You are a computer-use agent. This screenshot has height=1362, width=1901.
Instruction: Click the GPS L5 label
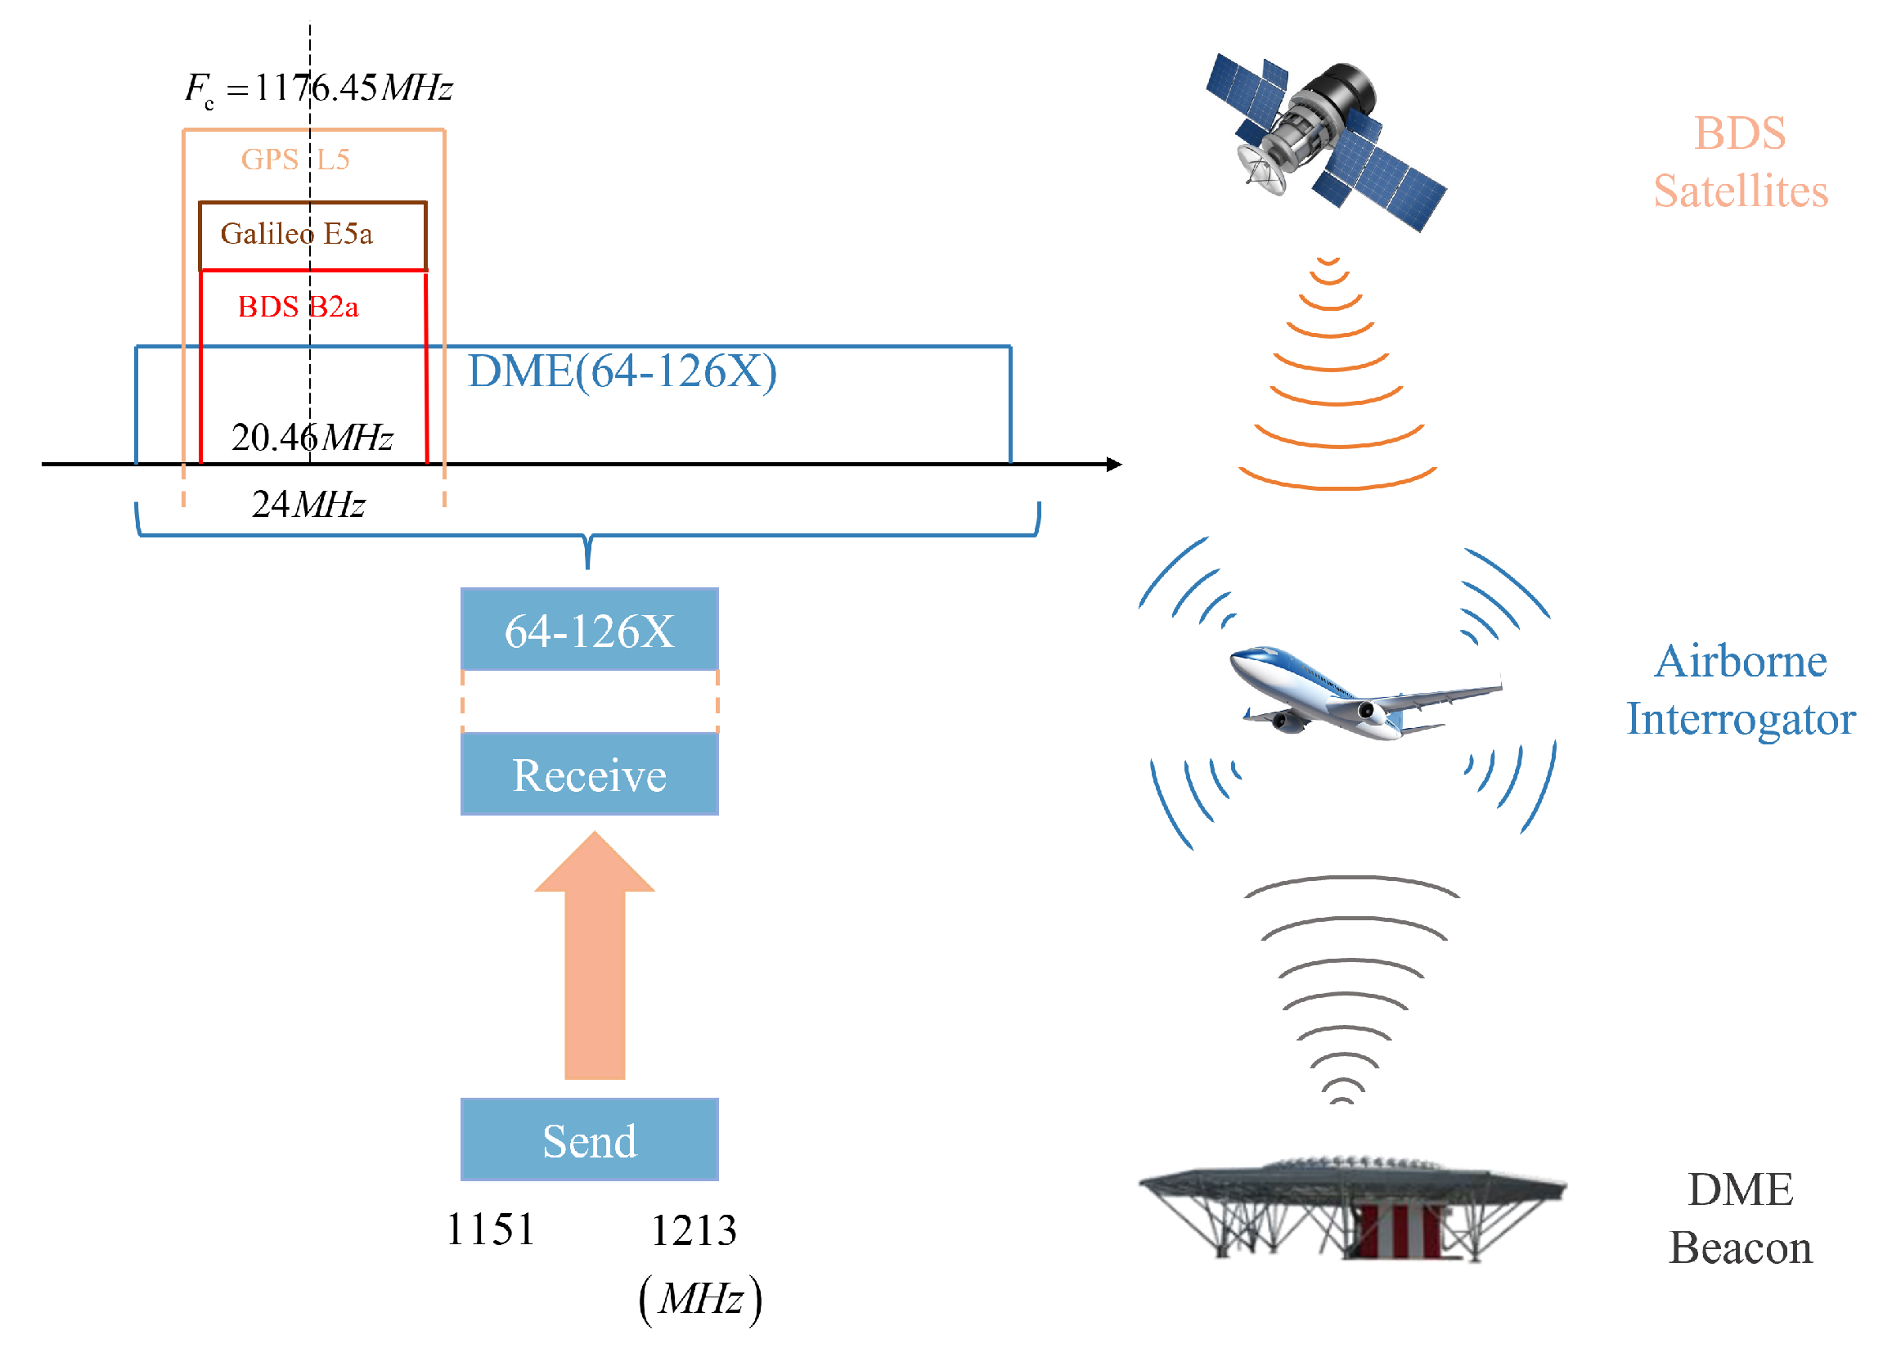point(295,159)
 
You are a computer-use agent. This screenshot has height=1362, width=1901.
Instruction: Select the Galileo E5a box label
point(296,233)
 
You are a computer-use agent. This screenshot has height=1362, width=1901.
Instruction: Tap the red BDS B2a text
point(298,307)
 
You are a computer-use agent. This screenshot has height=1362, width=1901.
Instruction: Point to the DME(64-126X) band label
point(621,371)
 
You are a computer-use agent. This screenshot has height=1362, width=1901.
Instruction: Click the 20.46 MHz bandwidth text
point(312,438)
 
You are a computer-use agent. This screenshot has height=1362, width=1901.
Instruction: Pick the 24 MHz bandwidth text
point(308,505)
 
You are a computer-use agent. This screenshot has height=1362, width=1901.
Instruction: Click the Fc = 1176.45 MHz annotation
point(318,88)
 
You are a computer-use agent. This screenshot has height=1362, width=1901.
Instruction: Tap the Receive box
point(589,775)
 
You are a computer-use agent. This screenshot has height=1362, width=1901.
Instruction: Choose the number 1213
point(693,1231)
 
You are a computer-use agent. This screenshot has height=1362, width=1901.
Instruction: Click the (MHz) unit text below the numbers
point(700,1300)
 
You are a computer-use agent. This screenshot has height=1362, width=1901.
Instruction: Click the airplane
point(1362,691)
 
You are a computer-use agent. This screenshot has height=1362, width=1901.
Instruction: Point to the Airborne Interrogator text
point(1740,690)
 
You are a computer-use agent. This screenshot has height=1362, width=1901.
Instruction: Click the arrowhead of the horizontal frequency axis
point(1114,465)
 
